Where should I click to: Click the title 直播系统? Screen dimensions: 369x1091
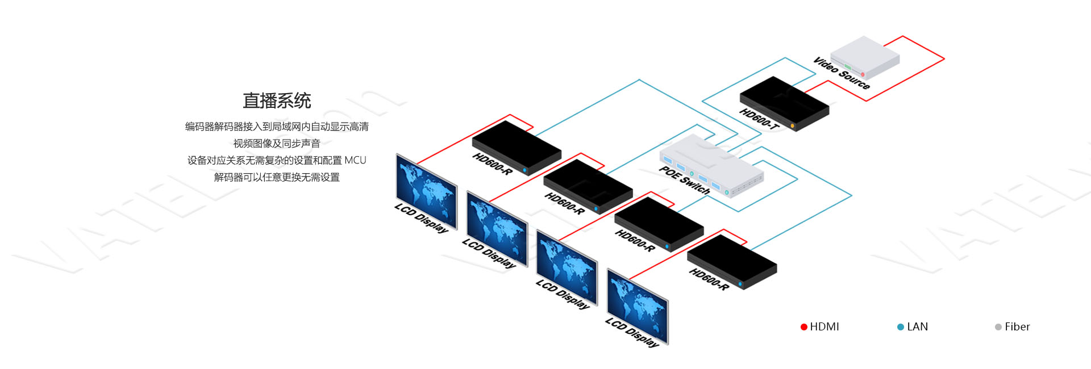(x=277, y=101)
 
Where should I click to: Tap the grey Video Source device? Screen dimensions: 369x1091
(x=865, y=57)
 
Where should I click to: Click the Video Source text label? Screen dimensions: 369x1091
(x=841, y=73)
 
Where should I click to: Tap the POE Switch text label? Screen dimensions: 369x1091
(x=684, y=181)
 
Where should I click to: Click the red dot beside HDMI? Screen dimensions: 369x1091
(x=804, y=327)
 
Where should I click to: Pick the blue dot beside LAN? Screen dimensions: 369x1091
(x=901, y=327)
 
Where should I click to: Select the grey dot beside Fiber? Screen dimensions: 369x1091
(x=998, y=327)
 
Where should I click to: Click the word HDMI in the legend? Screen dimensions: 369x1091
(x=825, y=327)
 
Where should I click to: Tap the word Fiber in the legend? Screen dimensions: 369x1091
(x=1017, y=327)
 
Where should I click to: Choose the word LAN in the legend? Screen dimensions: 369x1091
(x=918, y=327)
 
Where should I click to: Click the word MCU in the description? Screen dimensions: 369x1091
(x=355, y=161)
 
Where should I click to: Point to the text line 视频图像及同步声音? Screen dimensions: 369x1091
(x=277, y=144)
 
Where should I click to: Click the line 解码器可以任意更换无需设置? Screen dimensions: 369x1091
(x=277, y=178)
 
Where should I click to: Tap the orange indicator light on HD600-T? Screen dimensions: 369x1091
(x=792, y=125)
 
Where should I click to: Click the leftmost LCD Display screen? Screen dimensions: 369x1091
(x=426, y=192)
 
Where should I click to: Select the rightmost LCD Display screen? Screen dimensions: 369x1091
(x=638, y=307)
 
